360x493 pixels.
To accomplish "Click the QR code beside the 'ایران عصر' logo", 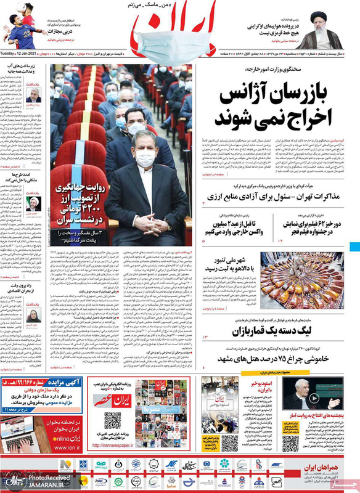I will click(x=112, y=421).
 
